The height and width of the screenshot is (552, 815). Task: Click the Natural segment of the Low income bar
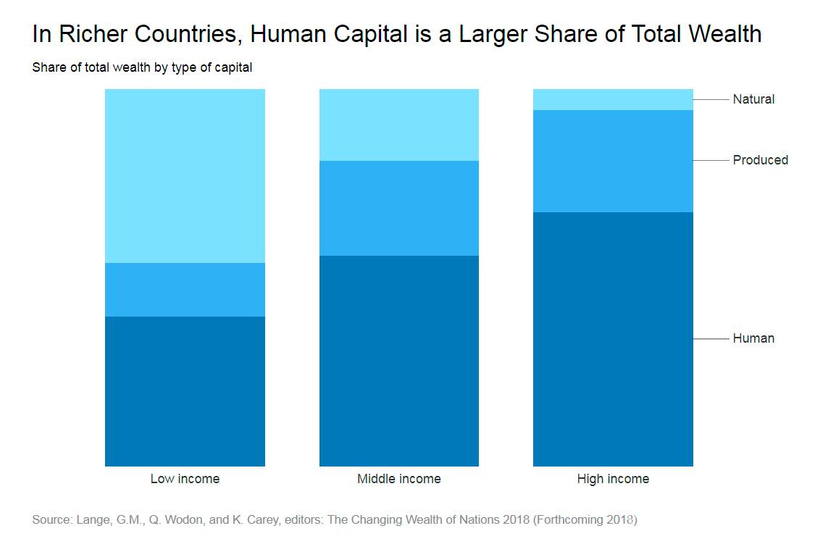(x=185, y=175)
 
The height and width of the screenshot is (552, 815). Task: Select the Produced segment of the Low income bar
(x=185, y=290)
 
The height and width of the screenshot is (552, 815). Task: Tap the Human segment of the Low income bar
(x=185, y=391)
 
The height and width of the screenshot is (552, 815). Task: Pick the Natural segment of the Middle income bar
(x=399, y=125)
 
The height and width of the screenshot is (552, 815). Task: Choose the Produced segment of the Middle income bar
(x=399, y=208)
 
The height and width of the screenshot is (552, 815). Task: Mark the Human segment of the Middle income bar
(x=399, y=361)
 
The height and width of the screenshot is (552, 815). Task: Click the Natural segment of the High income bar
(x=613, y=99)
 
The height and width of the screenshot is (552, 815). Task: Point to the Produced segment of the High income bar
(x=613, y=161)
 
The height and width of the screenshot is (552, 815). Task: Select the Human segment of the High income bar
(x=613, y=339)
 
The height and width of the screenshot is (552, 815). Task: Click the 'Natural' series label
(x=753, y=99)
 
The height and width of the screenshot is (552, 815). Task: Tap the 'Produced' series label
(x=760, y=160)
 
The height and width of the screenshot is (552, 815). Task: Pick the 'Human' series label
(x=753, y=338)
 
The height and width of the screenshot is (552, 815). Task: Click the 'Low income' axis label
(x=185, y=479)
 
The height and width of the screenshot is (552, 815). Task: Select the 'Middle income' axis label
(x=399, y=479)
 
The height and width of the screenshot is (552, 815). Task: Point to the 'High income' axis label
(x=613, y=479)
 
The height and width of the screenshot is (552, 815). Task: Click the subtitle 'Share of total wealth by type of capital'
(x=142, y=68)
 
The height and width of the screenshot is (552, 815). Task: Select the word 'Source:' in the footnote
(x=52, y=520)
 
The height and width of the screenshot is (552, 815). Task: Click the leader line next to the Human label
(x=711, y=339)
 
